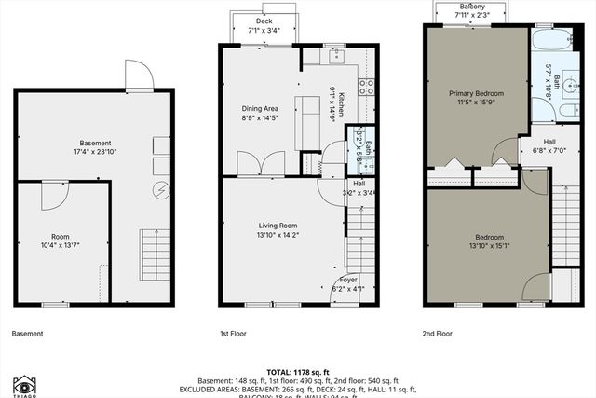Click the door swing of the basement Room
point(54,196)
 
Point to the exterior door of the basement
point(137,73)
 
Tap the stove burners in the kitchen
point(366,87)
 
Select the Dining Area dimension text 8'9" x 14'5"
point(261,118)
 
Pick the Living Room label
point(278,225)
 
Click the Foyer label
point(347,279)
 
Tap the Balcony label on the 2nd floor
point(469,6)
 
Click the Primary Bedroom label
point(476,93)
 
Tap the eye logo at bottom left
point(25,383)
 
